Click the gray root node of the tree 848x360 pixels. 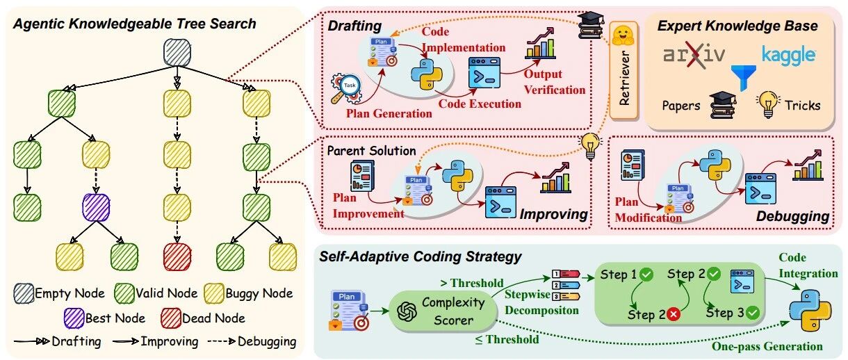(x=177, y=53)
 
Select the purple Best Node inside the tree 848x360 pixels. (x=96, y=207)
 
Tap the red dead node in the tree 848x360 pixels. (x=177, y=257)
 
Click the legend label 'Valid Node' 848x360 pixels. (x=167, y=293)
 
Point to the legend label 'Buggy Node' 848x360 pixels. (x=259, y=293)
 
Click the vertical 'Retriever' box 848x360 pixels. (x=623, y=70)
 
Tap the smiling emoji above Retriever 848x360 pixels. (x=623, y=35)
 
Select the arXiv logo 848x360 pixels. (x=694, y=55)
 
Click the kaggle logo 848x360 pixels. (x=788, y=56)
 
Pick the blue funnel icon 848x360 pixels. (x=744, y=78)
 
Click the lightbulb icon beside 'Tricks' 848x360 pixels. (x=768, y=104)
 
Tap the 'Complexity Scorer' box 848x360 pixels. (x=443, y=311)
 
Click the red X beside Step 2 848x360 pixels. (x=674, y=314)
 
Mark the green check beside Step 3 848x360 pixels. (x=753, y=313)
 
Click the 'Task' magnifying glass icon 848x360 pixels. (x=345, y=88)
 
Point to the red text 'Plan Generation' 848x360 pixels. (x=389, y=113)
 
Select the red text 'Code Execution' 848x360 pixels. (x=480, y=104)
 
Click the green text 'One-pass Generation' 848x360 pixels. (x=767, y=346)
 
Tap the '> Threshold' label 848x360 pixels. (x=472, y=283)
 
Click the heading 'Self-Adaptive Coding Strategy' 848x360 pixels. (x=421, y=256)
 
